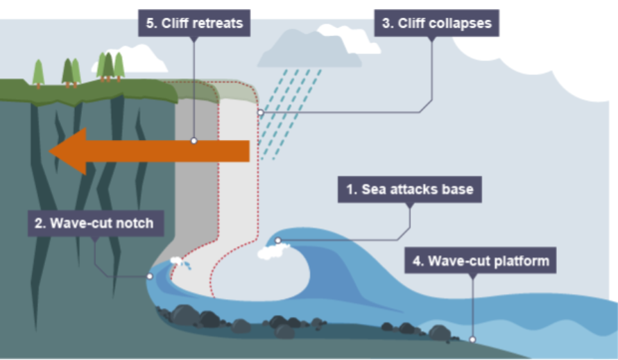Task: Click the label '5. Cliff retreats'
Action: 194,23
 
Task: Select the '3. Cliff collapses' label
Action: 437,23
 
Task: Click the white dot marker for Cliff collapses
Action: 260,112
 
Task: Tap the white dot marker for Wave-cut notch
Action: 149,276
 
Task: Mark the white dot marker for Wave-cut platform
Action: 472,339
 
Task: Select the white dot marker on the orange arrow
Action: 194,141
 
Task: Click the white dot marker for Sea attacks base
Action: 278,241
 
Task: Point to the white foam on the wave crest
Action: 272,252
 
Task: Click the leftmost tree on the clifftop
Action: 38,72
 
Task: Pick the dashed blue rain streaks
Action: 290,111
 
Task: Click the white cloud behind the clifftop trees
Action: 139,59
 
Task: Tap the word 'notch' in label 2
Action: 137,225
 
